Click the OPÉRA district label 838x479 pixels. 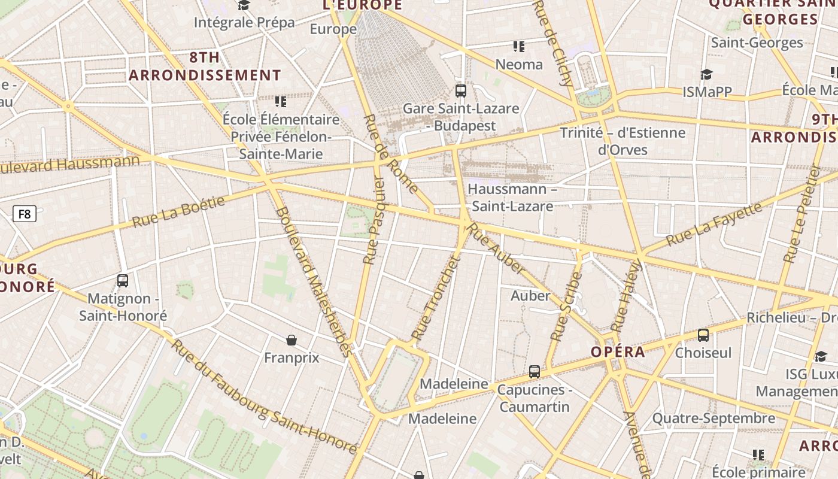618,352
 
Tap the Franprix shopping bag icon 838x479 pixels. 292,340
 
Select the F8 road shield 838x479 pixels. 25,214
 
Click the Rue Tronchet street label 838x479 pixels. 435,299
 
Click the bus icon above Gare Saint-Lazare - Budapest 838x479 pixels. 460,91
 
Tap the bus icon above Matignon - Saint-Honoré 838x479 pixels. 123,280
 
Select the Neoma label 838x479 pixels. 519,64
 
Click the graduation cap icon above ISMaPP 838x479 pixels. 706,74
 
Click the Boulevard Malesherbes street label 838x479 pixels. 312,281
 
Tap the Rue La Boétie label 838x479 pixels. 178,211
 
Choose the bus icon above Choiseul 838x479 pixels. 703,335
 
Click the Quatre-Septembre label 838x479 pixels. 713,418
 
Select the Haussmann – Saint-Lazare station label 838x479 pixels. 511,198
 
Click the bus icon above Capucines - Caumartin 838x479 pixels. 535,372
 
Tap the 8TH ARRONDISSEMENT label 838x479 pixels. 205,66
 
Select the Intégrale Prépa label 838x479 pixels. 244,23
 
